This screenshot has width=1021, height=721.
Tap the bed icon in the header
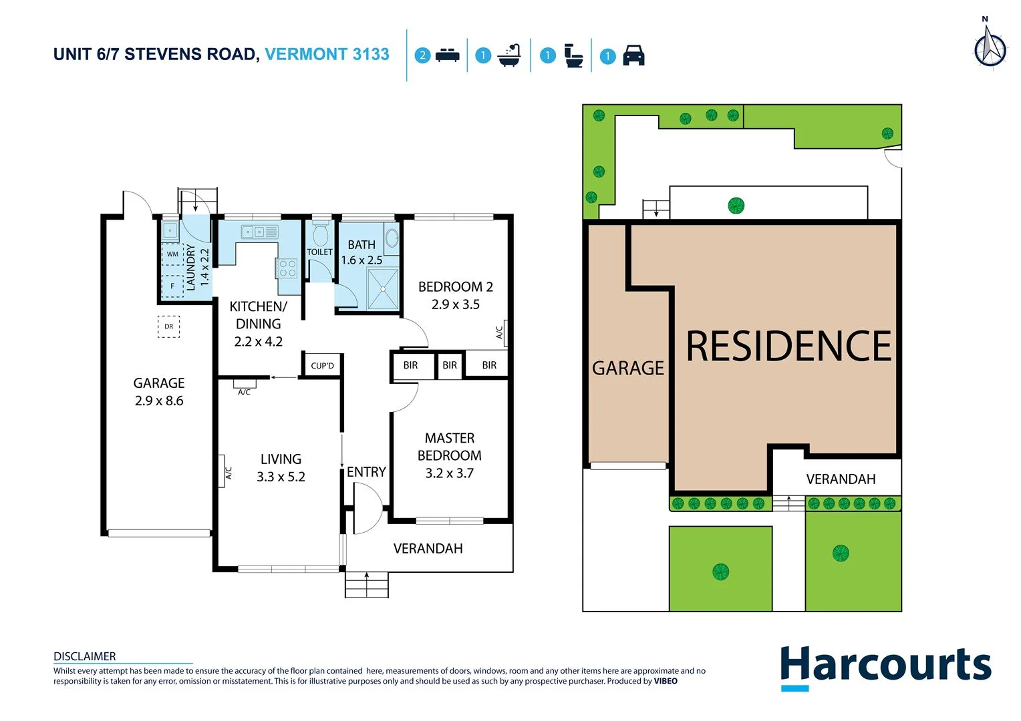coord(447,55)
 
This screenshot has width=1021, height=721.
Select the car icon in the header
coord(633,55)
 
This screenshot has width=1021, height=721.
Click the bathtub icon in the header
coord(509,55)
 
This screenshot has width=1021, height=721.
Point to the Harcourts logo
coord(885,666)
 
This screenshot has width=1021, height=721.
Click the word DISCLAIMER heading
coord(85,656)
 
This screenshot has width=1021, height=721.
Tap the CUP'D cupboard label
coord(322,366)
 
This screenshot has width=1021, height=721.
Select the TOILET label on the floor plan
coord(319,252)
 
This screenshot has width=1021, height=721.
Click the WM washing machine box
coord(172,254)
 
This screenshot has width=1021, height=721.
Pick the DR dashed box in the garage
coord(168,326)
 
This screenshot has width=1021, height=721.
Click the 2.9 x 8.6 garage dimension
coord(159,401)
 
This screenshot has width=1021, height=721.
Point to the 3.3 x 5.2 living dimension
coord(281,477)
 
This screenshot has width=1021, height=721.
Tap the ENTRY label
coord(366,472)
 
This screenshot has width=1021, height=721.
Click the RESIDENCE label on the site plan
coord(788,346)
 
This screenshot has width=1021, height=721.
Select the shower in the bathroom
coord(383,289)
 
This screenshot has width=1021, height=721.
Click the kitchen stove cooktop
coord(287,268)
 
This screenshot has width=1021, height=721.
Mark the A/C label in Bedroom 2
coord(499,332)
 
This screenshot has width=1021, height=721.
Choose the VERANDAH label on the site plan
coord(841,479)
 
